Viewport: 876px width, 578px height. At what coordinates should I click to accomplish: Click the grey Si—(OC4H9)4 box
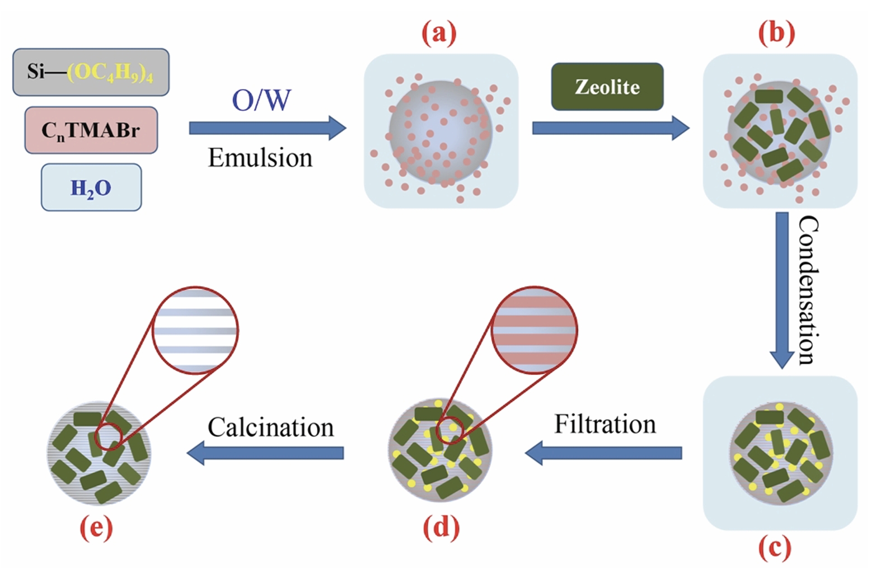point(91,72)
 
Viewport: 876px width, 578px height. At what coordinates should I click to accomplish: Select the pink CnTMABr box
point(91,130)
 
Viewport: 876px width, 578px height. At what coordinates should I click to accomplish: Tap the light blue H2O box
point(91,187)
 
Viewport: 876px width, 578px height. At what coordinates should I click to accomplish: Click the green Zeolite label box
point(607,87)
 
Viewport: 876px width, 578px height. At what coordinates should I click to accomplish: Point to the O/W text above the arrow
point(261,101)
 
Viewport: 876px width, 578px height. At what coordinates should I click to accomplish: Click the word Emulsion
point(260,158)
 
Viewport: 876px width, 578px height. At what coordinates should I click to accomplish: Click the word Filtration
point(605,424)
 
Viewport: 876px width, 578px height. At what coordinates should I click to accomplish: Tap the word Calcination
point(271,427)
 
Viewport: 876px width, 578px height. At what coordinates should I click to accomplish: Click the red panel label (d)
point(441,527)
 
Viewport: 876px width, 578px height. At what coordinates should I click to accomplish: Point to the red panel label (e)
point(96,527)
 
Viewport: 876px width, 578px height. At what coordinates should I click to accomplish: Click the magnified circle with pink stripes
point(534,330)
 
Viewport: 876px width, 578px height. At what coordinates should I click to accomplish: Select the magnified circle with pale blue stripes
point(195,330)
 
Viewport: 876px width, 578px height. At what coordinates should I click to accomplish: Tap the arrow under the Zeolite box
point(610,128)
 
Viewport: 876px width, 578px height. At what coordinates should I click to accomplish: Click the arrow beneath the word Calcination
point(265,453)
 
